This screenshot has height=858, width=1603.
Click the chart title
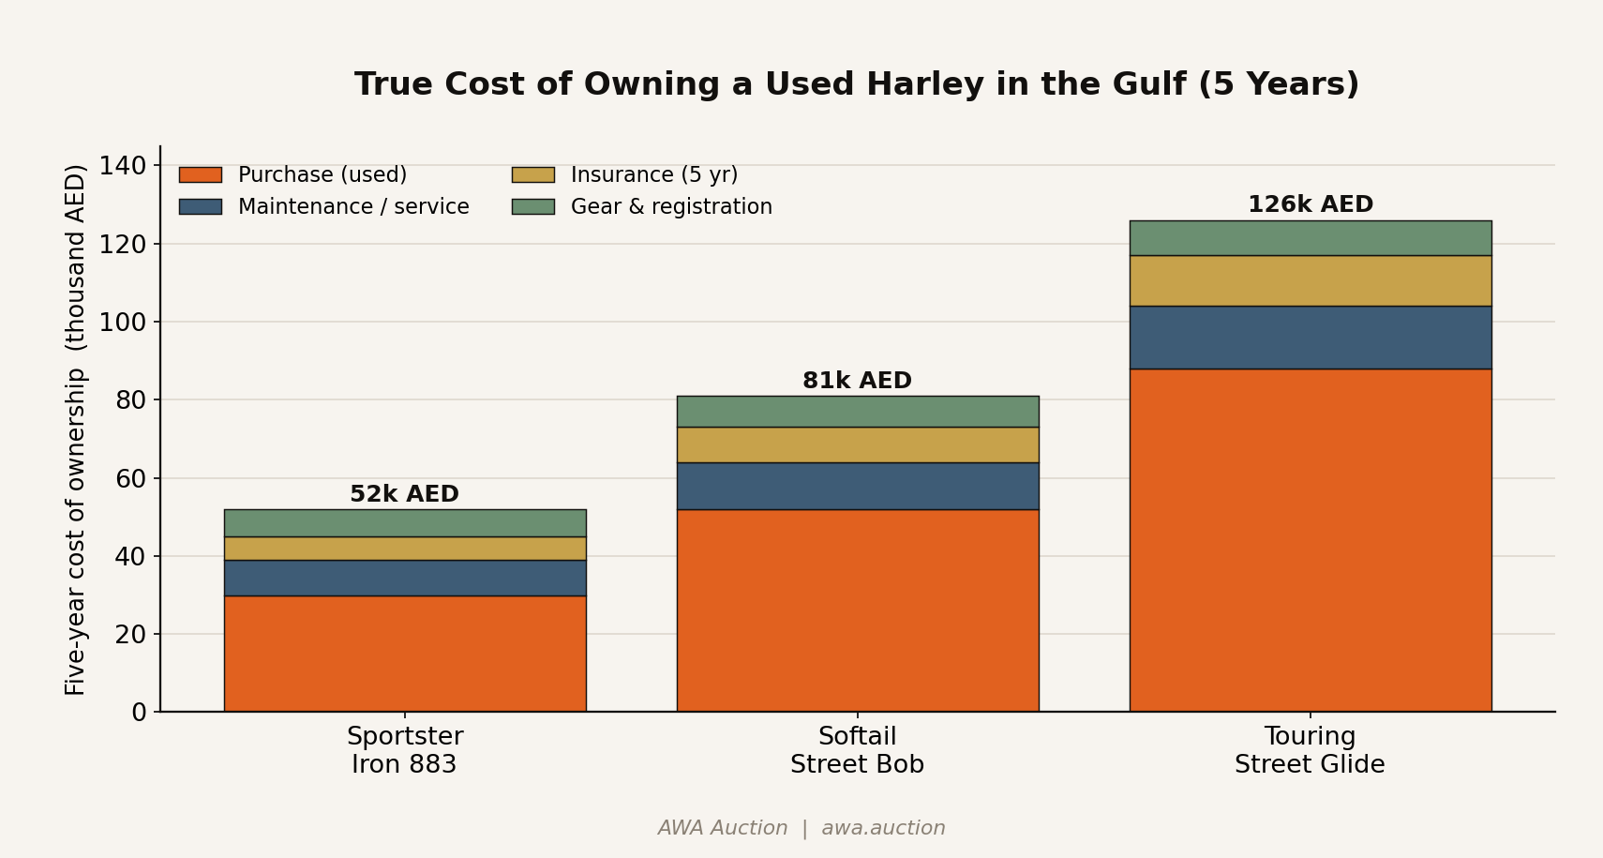click(x=857, y=83)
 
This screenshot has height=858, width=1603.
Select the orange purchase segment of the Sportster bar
click(x=405, y=654)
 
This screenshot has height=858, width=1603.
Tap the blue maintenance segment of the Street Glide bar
click(x=1311, y=338)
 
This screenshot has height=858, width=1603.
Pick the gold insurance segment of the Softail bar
click(x=858, y=445)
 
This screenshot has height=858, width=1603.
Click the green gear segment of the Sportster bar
click(x=405, y=523)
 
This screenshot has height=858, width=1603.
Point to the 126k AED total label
click(x=1311, y=203)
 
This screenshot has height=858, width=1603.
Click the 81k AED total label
click(x=858, y=380)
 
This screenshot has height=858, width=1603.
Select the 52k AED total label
click(x=404, y=494)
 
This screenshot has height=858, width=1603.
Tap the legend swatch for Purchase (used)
click(x=201, y=174)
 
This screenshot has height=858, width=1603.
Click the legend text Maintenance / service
click(x=353, y=207)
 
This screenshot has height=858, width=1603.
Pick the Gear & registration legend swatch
click(x=533, y=207)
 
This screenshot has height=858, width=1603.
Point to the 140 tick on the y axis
click(x=123, y=166)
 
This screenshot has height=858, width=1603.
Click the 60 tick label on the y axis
click(x=131, y=478)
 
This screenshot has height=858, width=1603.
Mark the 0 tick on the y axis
click(x=139, y=712)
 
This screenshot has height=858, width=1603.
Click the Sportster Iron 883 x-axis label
click(x=405, y=750)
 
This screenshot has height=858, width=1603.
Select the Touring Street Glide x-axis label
click(x=1310, y=750)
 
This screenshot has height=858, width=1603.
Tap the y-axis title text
click(x=75, y=430)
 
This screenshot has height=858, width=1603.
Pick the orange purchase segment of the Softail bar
click(x=858, y=610)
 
